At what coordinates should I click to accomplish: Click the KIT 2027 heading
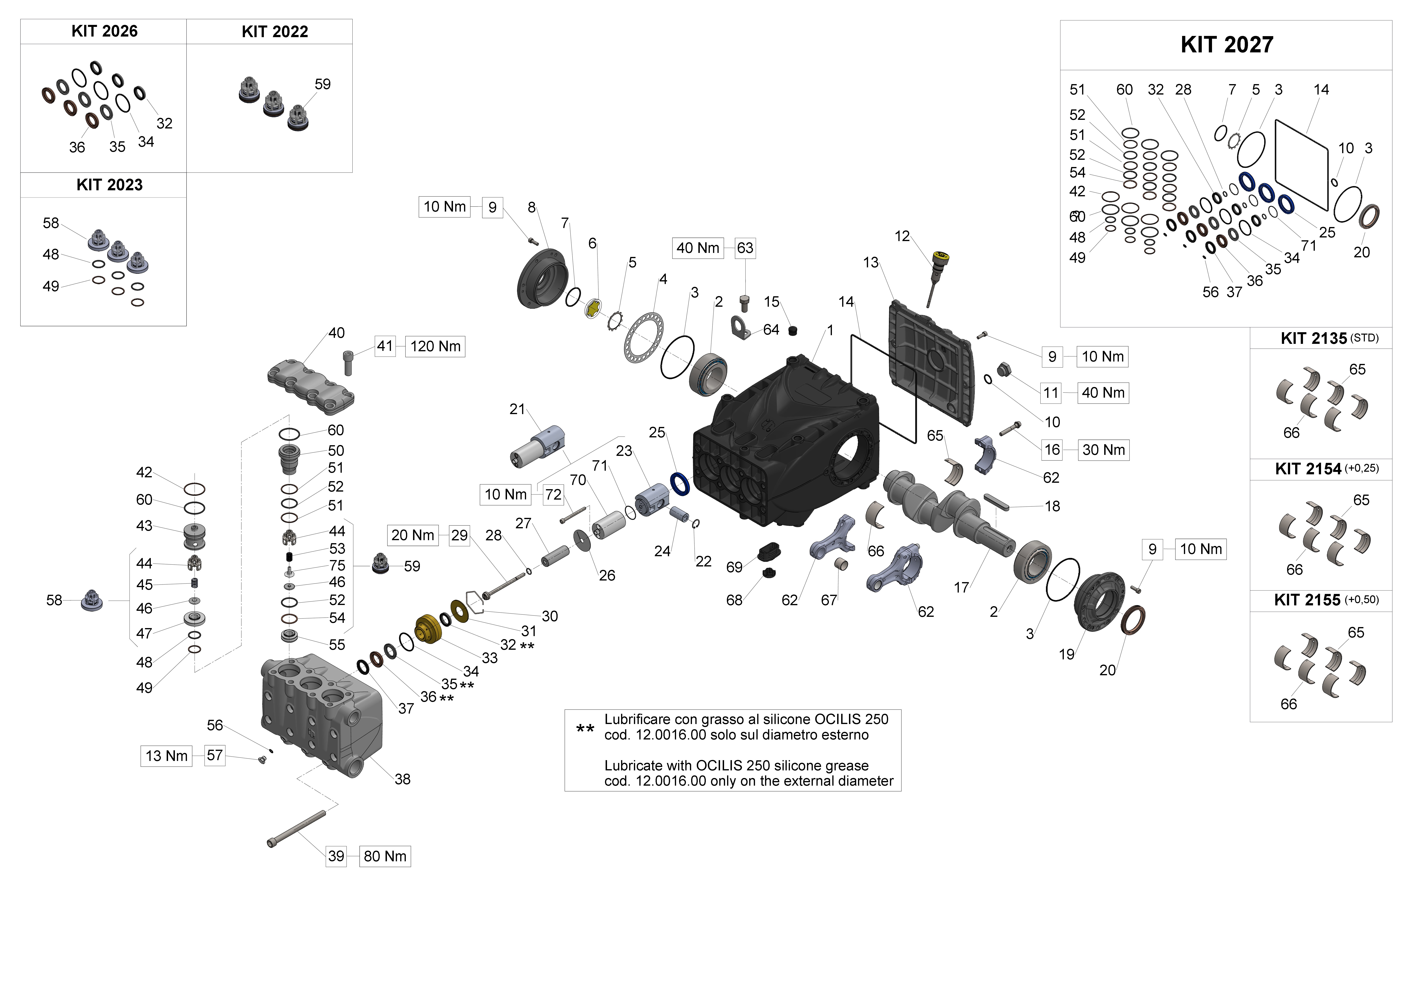(x=1226, y=45)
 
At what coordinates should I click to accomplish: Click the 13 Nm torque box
(x=166, y=756)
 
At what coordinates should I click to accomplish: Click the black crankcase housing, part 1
(x=786, y=442)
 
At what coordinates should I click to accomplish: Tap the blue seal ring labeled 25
(x=679, y=484)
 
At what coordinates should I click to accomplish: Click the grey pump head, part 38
(x=319, y=712)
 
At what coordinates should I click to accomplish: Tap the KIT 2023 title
(x=109, y=185)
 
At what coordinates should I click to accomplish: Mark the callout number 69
(x=734, y=567)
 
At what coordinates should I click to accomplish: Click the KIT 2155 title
(x=1307, y=600)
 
